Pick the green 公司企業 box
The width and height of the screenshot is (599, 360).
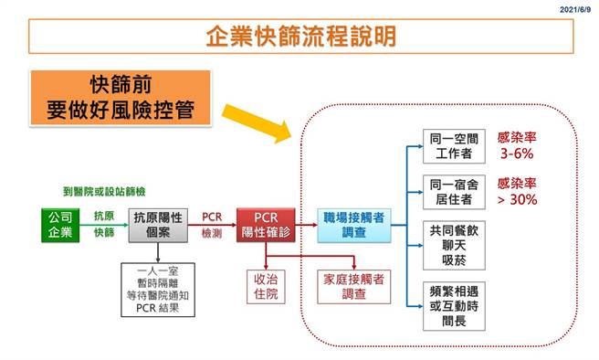click(62, 226)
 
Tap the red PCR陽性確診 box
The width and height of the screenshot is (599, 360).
click(265, 226)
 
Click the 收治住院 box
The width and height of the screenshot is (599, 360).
click(265, 286)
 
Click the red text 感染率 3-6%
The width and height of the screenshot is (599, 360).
click(516, 146)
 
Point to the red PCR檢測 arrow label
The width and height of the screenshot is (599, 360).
click(211, 225)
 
